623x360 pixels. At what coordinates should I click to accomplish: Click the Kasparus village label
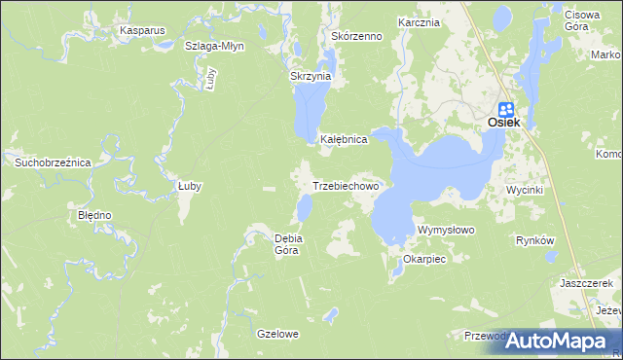click(x=142, y=30)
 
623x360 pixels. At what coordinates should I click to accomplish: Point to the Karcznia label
click(x=420, y=21)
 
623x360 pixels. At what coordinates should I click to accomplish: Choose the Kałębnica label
click(x=344, y=140)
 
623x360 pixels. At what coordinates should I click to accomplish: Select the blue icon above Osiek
click(x=506, y=109)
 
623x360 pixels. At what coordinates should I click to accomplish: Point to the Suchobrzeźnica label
click(x=52, y=162)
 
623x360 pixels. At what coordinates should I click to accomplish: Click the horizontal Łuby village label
click(x=189, y=186)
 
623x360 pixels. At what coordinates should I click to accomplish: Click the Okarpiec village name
click(x=423, y=261)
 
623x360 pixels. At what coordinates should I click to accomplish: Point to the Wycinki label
click(x=525, y=190)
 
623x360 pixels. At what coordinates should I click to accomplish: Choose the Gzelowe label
click(x=277, y=334)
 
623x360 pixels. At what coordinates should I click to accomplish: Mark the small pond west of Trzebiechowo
click(x=305, y=206)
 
